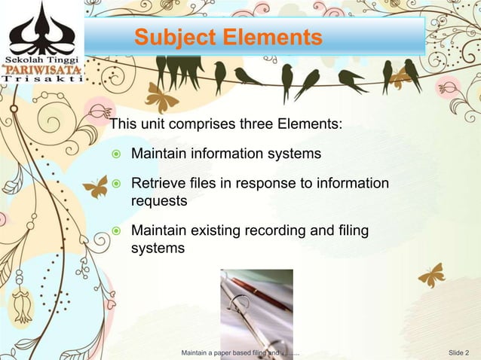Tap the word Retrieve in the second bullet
pos(159,184)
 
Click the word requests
pos(159,201)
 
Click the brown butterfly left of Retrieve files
pos(95,187)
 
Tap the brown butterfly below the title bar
pos(161,97)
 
